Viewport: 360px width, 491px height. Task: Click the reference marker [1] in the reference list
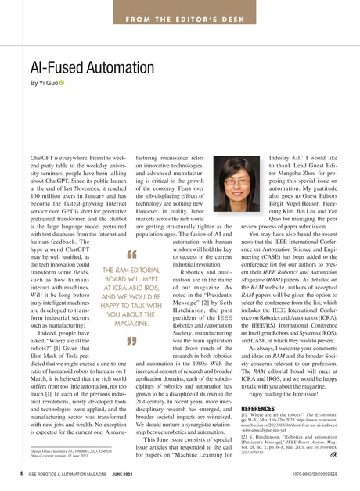tap(246, 393)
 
